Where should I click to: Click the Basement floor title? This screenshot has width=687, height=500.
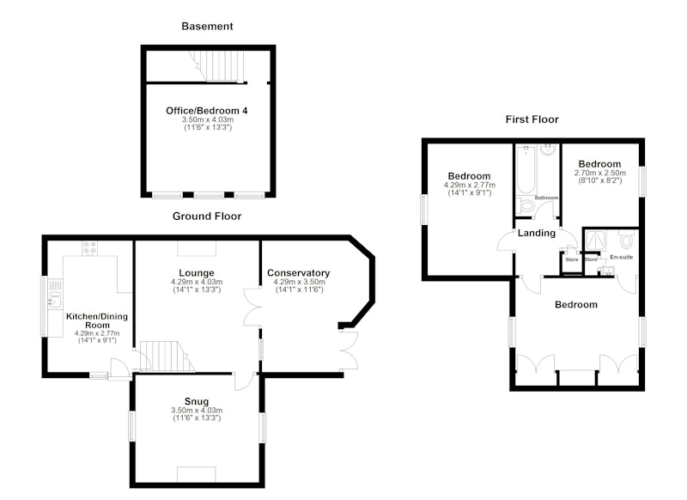click(207, 27)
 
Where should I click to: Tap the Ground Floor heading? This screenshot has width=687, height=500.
click(207, 216)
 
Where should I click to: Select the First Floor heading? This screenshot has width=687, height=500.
click(532, 119)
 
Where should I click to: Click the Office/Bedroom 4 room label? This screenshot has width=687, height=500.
click(206, 111)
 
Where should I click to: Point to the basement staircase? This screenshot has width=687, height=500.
click(217, 66)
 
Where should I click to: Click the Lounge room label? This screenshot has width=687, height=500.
click(197, 273)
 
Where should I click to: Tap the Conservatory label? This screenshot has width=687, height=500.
click(298, 273)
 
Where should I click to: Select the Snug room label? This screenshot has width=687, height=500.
click(197, 401)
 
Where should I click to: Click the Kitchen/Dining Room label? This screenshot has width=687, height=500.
click(97, 320)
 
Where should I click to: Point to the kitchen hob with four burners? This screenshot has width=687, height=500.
click(90, 249)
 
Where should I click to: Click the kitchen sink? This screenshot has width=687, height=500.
click(55, 294)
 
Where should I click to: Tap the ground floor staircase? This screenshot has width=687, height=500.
click(167, 356)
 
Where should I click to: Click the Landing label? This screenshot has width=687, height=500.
click(536, 233)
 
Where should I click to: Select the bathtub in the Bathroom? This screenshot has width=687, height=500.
click(526, 169)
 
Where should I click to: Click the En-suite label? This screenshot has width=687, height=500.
click(621, 257)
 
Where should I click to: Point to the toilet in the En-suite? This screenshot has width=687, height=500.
click(627, 240)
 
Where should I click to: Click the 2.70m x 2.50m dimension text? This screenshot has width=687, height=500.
click(599, 173)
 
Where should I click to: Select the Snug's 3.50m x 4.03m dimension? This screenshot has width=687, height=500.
click(197, 411)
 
